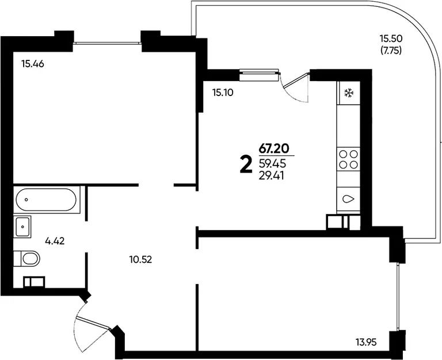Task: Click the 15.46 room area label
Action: click(x=33, y=64)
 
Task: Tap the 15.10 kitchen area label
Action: click(x=223, y=93)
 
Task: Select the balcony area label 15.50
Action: click(x=391, y=38)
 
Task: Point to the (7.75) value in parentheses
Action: click(x=391, y=51)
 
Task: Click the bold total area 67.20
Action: click(x=274, y=148)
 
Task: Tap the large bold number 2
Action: click(x=246, y=166)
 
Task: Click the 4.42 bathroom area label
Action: click(x=55, y=241)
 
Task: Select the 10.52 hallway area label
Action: click(x=140, y=259)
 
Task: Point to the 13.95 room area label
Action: click(x=366, y=343)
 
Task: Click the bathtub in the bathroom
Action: click(x=46, y=200)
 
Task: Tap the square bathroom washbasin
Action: click(x=22, y=227)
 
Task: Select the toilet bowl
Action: click(x=27, y=258)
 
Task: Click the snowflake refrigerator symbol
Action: click(x=349, y=93)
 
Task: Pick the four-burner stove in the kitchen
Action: click(x=348, y=159)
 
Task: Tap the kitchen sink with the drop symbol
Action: click(x=348, y=199)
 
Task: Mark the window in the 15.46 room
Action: click(x=108, y=43)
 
